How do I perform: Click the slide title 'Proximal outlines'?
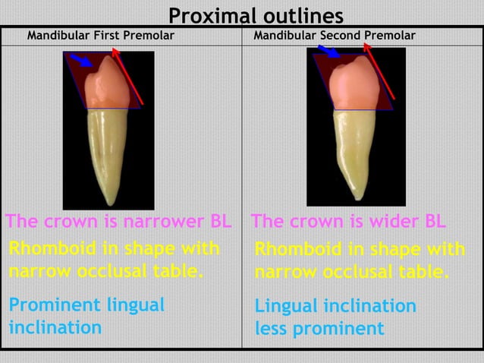click(256, 14)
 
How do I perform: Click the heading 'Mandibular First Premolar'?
click(100, 36)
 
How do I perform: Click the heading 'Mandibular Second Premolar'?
click(334, 36)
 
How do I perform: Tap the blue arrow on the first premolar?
click(79, 59)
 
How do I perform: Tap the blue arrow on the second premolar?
click(329, 52)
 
